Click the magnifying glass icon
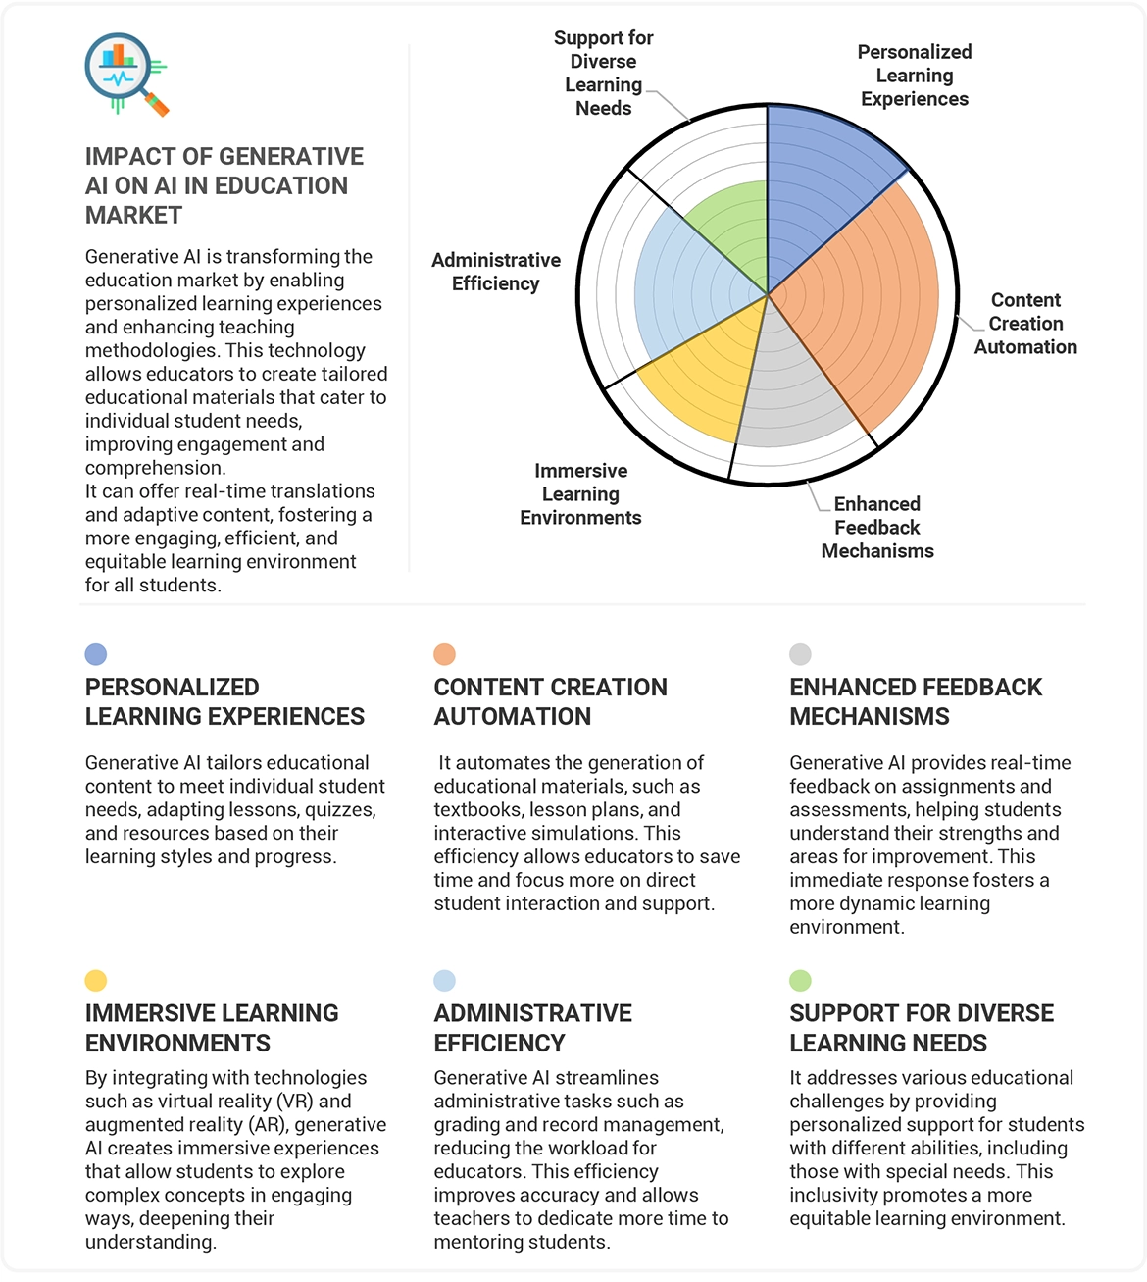(125, 75)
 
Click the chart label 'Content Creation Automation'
(1025, 324)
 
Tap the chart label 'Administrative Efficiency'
(496, 272)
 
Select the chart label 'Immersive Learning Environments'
(580, 494)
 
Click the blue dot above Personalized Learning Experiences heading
(96, 654)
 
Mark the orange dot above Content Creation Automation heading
(444, 654)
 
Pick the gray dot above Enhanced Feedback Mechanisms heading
(800, 654)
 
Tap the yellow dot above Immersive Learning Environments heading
(96, 980)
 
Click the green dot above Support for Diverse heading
(800, 980)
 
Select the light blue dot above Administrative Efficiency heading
(444, 980)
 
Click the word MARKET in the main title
(134, 216)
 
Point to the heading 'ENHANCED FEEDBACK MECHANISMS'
(915, 701)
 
